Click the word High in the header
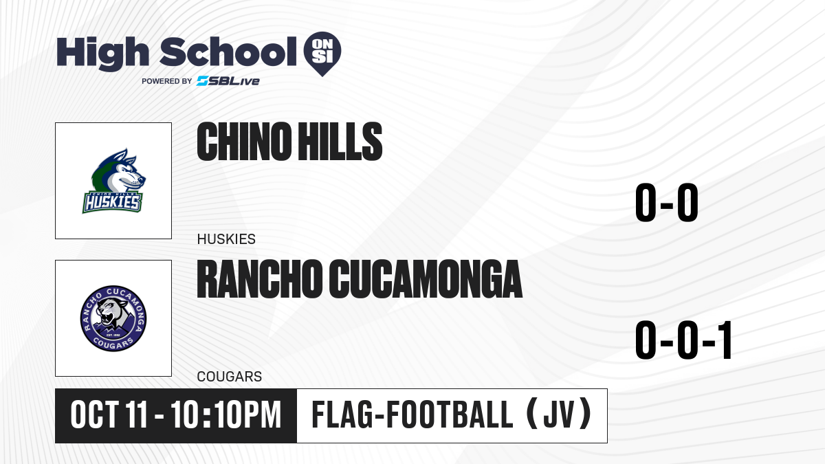point(103,54)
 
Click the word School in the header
point(228,52)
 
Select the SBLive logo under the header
point(228,81)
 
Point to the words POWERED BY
point(167,81)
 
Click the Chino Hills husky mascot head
point(118,171)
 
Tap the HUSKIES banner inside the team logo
point(112,202)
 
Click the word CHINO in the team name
point(244,142)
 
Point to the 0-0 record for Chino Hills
point(667,203)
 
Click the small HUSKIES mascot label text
point(226,239)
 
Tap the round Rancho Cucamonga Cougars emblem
point(113,318)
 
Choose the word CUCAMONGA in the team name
point(426,279)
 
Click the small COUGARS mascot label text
point(230,377)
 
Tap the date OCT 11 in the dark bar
point(109,415)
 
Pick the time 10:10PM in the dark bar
point(226,415)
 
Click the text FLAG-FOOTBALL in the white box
point(412,415)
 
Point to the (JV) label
point(559,415)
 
